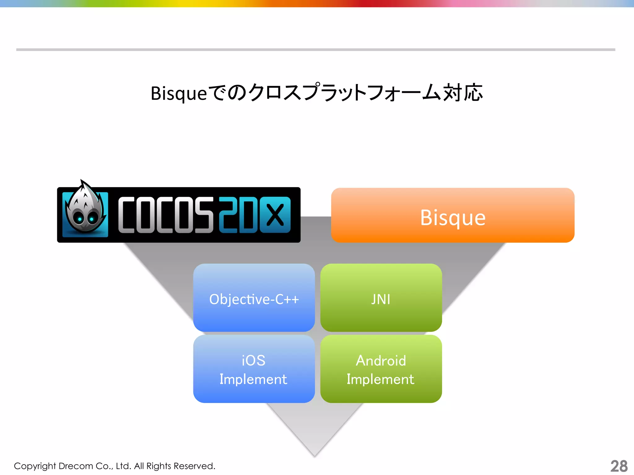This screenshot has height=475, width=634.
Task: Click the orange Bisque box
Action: (453, 215)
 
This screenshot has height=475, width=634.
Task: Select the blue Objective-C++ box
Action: (254, 298)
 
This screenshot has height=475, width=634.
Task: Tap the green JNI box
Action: (381, 298)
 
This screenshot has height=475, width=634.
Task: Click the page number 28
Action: (619, 466)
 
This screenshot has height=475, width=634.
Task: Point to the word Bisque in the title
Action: (179, 93)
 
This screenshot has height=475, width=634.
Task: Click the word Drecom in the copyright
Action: (76, 466)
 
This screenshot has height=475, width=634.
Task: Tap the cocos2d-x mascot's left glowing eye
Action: (80, 219)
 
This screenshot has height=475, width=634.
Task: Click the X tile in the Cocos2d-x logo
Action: (275, 215)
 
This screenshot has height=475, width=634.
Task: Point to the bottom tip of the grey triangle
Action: (315, 455)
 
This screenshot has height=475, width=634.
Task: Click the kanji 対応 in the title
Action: (463, 93)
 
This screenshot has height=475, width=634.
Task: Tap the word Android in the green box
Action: (381, 361)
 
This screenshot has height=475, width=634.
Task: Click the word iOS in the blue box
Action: (254, 361)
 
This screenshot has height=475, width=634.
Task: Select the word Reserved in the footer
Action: (194, 466)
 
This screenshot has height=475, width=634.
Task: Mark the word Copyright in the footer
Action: (35, 466)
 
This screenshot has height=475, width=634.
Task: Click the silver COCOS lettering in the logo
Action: (166, 215)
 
